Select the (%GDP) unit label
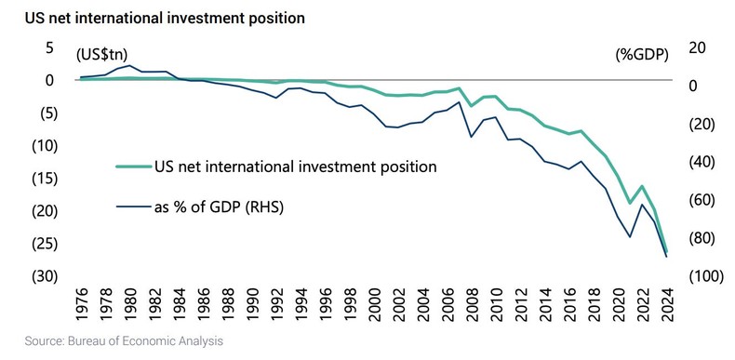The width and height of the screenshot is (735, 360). [x=640, y=54]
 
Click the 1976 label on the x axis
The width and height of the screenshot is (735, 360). [x=82, y=305]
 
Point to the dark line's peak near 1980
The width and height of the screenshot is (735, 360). [x=130, y=66]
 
